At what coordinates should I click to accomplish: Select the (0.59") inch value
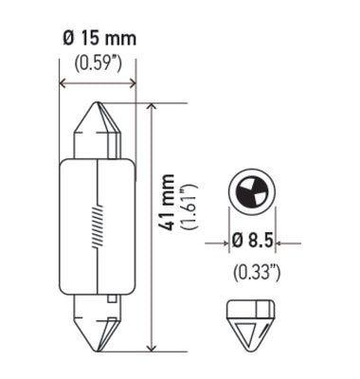click(99, 64)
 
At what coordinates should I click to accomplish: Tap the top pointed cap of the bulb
click(99, 129)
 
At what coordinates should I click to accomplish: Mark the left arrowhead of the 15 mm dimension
click(64, 83)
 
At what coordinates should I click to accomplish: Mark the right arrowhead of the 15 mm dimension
click(132, 83)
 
